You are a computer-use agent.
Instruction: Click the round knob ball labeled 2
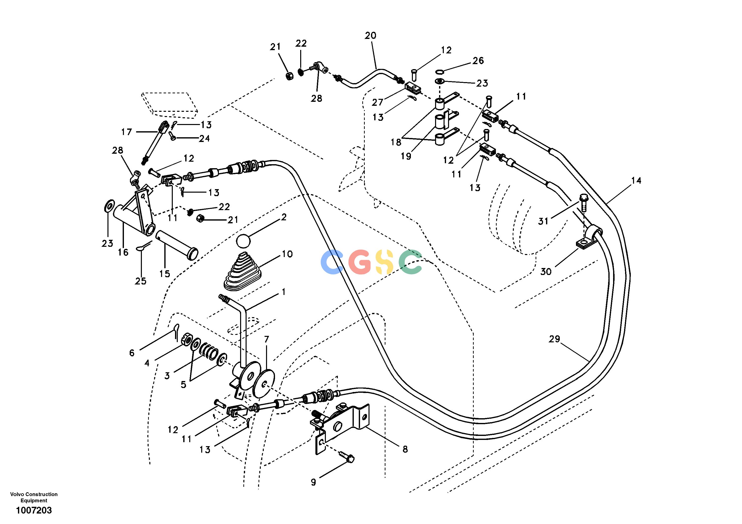[243, 241]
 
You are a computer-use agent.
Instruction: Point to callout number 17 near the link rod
[127, 132]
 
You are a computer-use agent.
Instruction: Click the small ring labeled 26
[439, 71]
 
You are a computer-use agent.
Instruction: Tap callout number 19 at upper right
[406, 156]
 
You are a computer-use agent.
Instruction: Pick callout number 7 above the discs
[266, 339]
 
